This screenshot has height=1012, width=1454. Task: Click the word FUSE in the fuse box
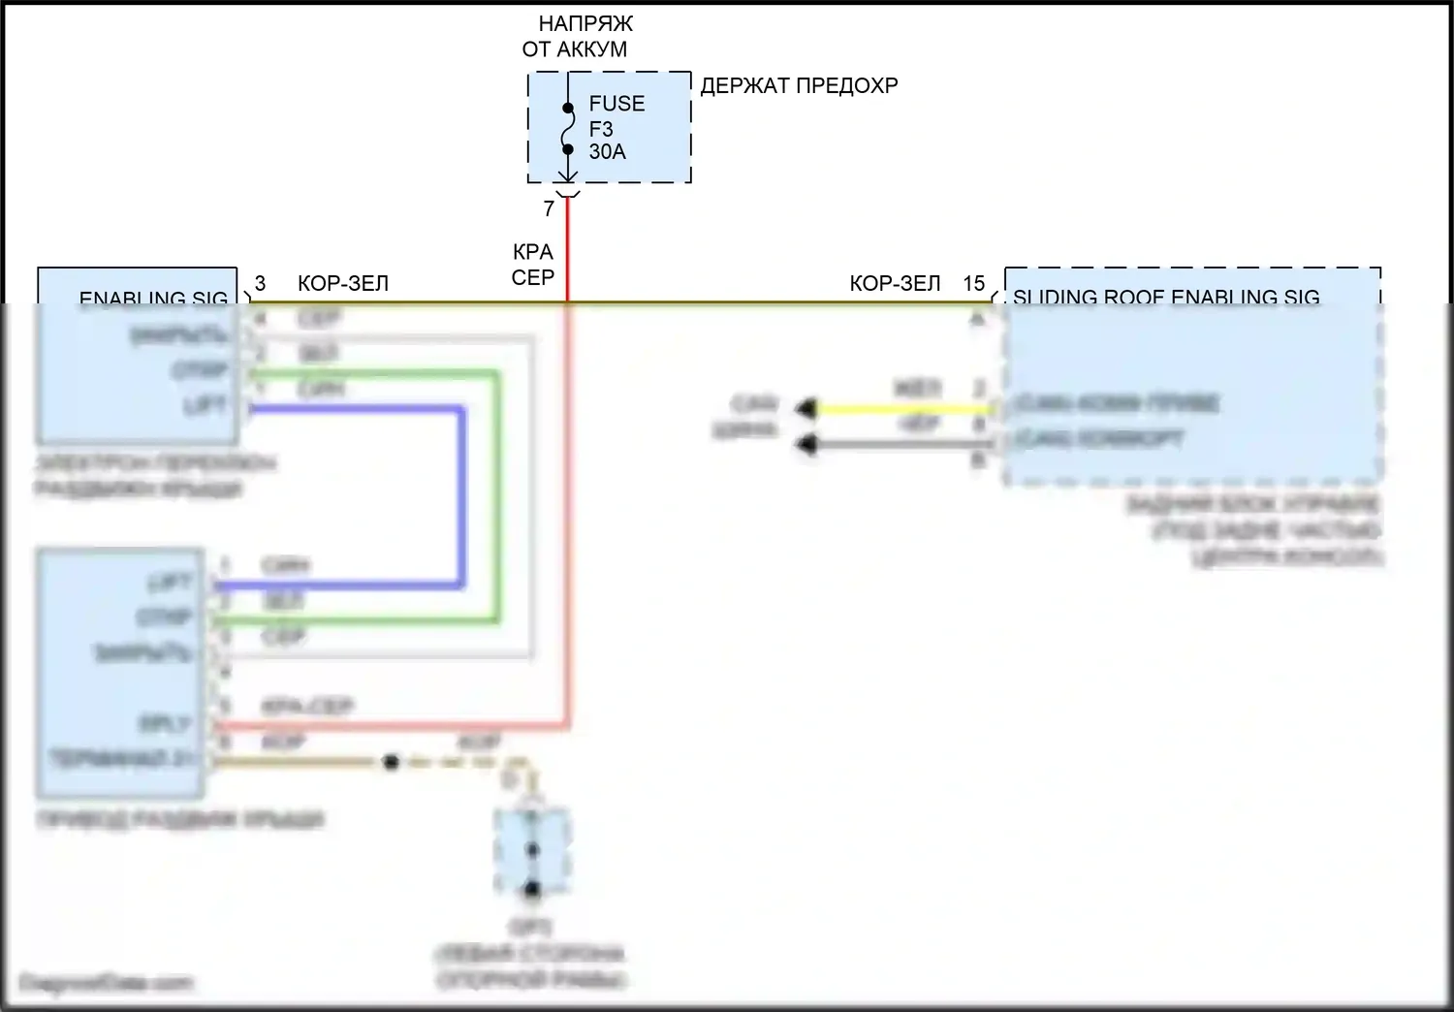click(x=616, y=104)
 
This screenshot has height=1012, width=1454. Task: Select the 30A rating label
click(x=607, y=152)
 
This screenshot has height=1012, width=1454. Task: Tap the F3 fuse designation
click(x=601, y=129)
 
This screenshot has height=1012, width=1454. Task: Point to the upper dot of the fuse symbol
click(x=568, y=108)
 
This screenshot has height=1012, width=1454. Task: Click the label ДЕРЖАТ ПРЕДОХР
click(x=799, y=85)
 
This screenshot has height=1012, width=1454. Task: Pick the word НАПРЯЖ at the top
click(x=585, y=23)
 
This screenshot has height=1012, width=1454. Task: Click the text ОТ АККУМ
click(x=575, y=49)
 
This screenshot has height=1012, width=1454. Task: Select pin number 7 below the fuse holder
click(x=549, y=208)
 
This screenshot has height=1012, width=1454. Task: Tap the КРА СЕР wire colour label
click(x=533, y=265)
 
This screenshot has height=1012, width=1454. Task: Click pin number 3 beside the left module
click(x=260, y=283)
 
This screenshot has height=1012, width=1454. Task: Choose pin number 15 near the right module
click(x=973, y=283)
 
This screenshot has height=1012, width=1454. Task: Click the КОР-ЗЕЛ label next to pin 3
click(x=343, y=283)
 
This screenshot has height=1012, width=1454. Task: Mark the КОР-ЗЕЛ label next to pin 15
click(x=895, y=283)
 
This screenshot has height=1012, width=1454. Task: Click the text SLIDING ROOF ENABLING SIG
click(x=1166, y=297)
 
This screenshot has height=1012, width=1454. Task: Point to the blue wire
click(x=462, y=494)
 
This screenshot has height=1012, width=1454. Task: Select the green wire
click(x=498, y=494)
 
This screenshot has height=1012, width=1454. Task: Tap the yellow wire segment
click(x=901, y=409)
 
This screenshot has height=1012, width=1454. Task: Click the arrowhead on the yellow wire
click(x=806, y=409)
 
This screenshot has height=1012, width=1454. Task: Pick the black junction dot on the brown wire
click(x=391, y=762)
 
